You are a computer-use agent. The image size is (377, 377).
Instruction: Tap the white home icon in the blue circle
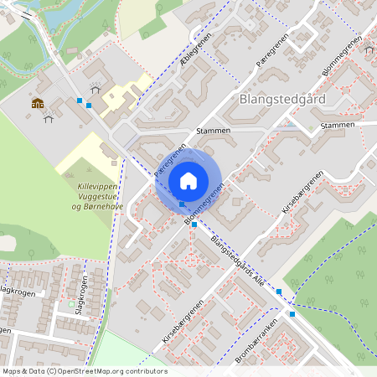[188, 180]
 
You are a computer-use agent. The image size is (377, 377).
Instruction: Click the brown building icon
[37, 104]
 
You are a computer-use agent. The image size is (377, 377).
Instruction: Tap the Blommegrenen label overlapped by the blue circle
[204, 204]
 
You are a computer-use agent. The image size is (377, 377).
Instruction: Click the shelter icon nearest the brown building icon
[48, 118]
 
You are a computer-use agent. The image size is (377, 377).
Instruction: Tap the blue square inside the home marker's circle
[182, 204]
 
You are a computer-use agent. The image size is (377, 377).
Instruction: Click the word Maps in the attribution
[13, 371]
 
